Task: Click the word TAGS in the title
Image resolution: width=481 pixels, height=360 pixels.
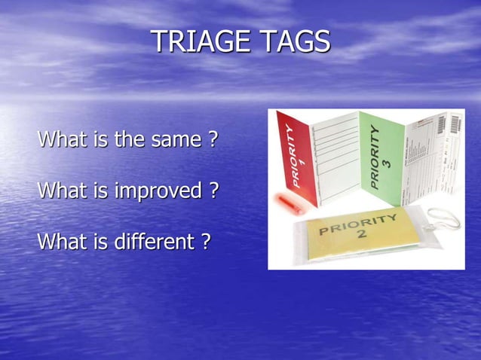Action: (296, 41)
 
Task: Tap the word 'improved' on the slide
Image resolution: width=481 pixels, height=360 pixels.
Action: (158, 191)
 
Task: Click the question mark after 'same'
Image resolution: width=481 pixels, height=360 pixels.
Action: (213, 140)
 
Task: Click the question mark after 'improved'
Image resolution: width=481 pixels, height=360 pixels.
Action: (213, 191)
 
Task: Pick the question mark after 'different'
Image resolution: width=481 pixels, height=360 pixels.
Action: (204, 242)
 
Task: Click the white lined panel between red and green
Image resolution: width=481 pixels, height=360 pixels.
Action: (336, 158)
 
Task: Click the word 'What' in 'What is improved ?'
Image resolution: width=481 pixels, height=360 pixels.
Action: (58, 191)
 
